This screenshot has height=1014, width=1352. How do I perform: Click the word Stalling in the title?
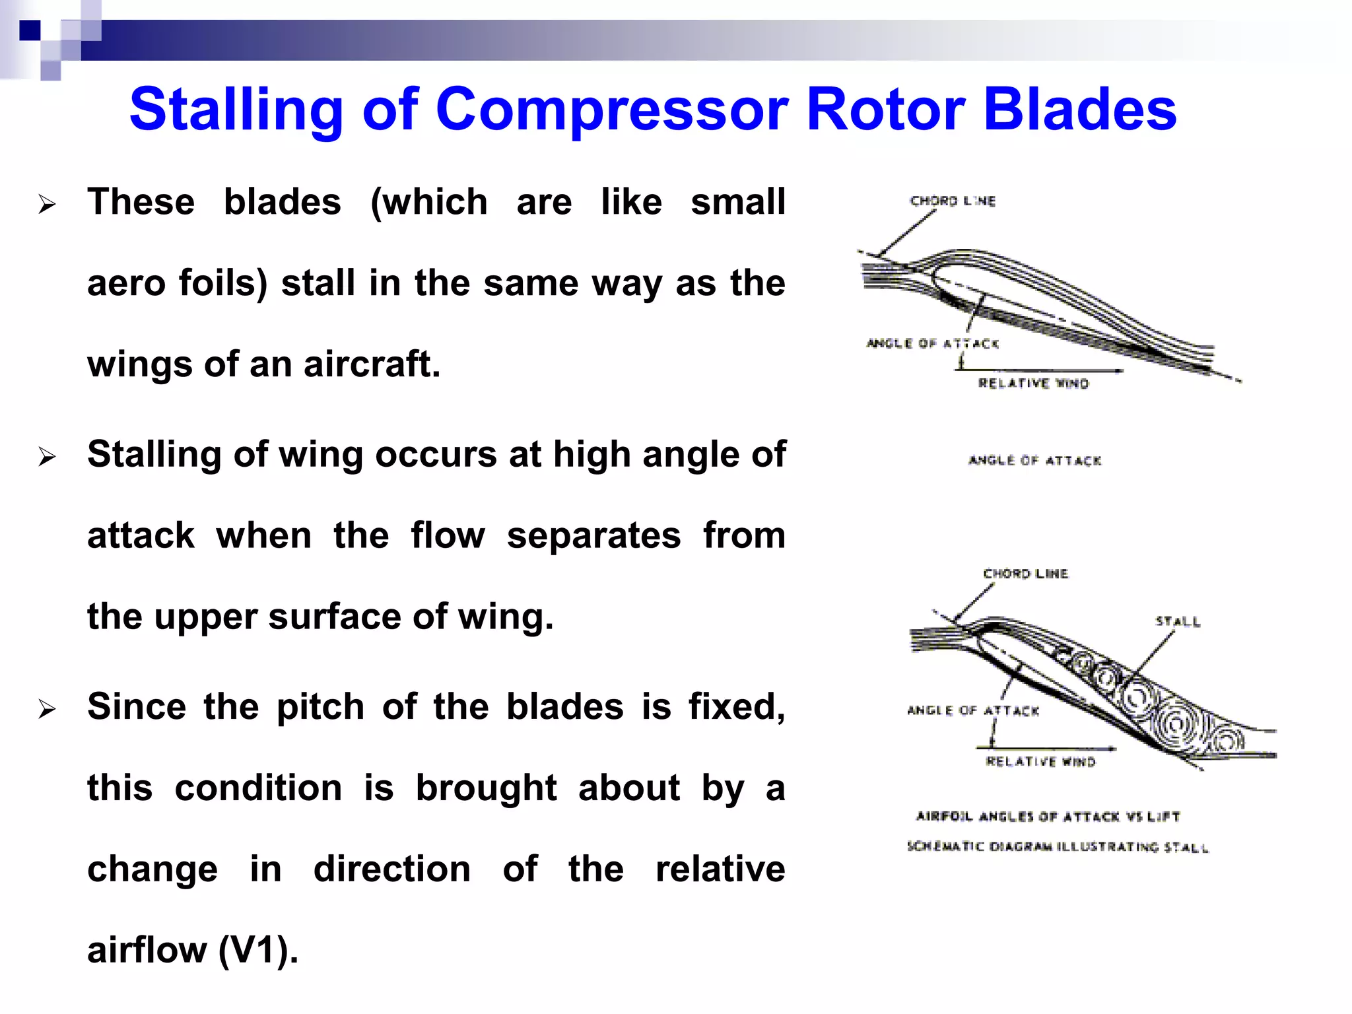(236, 110)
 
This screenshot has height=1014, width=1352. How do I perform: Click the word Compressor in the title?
(611, 110)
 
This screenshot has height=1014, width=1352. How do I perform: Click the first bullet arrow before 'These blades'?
(47, 205)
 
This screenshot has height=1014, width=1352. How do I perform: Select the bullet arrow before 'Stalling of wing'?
(47, 457)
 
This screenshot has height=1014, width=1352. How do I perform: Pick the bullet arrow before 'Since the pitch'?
(47, 710)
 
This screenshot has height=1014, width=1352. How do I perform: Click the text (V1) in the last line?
(258, 950)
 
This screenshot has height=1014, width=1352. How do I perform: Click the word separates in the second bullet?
(593, 535)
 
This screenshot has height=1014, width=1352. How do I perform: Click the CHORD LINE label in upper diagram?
(953, 201)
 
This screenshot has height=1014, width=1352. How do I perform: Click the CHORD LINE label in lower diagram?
(1025, 574)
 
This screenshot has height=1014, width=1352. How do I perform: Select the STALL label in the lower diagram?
(1178, 621)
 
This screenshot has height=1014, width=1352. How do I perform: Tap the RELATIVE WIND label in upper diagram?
(1033, 384)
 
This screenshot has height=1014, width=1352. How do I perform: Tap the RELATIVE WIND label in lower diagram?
(1040, 762)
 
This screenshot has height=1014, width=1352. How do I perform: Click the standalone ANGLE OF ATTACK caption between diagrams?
(1034, 460)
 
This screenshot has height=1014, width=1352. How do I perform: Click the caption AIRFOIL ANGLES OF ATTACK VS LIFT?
(1048, 817)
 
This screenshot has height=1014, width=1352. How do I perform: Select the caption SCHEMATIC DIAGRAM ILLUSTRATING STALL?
(1057, 847)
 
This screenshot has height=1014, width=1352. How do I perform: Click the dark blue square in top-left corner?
(30, 30)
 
